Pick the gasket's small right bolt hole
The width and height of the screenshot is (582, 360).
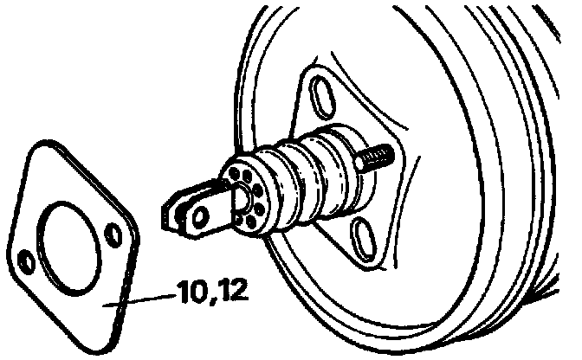tap(113, 235)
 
